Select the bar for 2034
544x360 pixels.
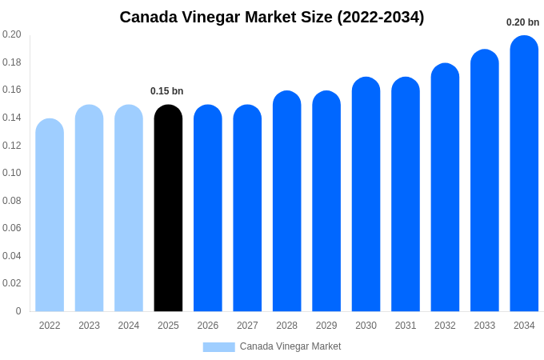click(524, 174)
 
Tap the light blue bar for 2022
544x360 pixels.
click(50, 215)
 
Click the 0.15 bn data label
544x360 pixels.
click(167, 91)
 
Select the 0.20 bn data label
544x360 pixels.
click(522, 22)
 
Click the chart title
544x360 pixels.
click(272, 17)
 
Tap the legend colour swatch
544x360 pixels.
click(218, 347)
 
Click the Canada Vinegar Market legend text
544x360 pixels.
click(290, 346)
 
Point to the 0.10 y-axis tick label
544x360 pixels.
click(12, 173)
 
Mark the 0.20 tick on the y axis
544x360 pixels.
click(12, 34)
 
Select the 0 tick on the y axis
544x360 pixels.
click(18, 311)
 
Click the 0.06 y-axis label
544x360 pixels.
click(12, 228)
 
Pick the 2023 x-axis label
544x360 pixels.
click(89, 326)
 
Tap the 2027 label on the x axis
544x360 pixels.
click(247, 326)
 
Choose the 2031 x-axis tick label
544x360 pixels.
click(406, 326)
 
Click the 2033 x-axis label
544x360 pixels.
click(485, 326)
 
